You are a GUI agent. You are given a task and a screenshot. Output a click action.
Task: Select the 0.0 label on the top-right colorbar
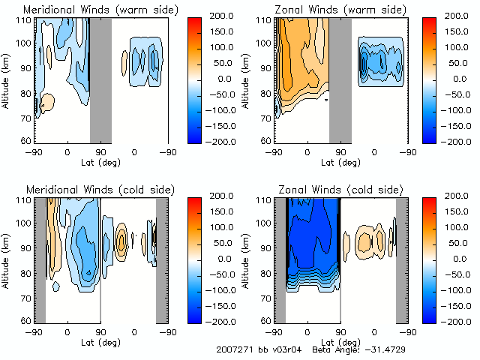click(457, 78)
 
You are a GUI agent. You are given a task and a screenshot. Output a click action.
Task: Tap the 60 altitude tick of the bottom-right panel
click(267, 320)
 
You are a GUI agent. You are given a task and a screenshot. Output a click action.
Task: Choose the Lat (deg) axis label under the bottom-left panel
click(100, 342)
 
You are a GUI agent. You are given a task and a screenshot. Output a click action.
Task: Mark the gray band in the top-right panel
click(340, 78)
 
